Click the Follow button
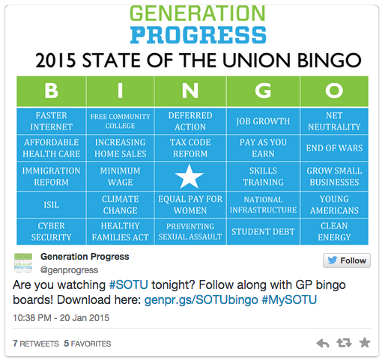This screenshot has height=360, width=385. [x=347, y=260]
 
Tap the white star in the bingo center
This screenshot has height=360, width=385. [x=190, y=177]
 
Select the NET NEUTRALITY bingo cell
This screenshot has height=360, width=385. [x=334, y=121]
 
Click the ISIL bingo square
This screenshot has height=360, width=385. [x=52, y=205]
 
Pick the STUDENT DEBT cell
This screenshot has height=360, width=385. [x=263, y=232]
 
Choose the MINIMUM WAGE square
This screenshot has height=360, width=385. [x=121, y=177]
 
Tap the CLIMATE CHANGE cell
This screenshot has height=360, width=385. [x=121, y=205]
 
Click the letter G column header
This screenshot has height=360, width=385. [x=263, y=91]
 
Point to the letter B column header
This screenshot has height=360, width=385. [x=52, y=91]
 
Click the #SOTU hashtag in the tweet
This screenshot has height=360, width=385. [x=129, y=284]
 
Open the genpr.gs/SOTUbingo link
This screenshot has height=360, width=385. [x=201, y=300]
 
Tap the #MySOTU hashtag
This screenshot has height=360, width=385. [x=289, y=300]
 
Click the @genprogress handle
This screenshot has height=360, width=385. [x=69, y=270]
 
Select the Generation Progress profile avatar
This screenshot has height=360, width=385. [x=23, y=263]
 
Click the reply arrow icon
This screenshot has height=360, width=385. [x=323, y=344]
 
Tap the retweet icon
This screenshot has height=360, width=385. [x=344, y=343]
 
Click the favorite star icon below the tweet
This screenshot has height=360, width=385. [x=365, y=343]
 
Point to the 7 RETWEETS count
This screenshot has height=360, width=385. [x=36, y=344]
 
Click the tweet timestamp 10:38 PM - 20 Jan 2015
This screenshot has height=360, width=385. [x=61, y=318]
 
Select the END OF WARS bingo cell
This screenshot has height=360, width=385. [x=334, y=148]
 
